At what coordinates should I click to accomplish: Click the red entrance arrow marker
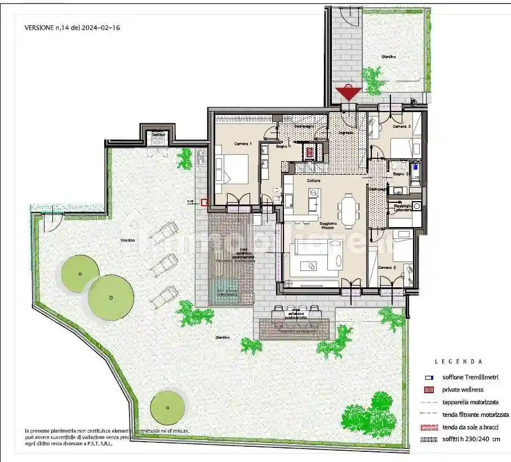coord(348,93)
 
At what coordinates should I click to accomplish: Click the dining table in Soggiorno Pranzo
coord(349,207)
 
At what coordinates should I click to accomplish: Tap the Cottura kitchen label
coord(314,180)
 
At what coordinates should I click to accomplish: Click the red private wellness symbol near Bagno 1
coord(310,152)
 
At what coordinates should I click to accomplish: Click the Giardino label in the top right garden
coord(388,57)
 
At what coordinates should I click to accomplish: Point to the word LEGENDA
coord(458,361)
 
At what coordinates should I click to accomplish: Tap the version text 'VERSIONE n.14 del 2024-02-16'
coord(73,26)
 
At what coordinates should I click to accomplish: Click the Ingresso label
coord(346,132)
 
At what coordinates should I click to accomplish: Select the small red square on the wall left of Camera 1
coord(204,202)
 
